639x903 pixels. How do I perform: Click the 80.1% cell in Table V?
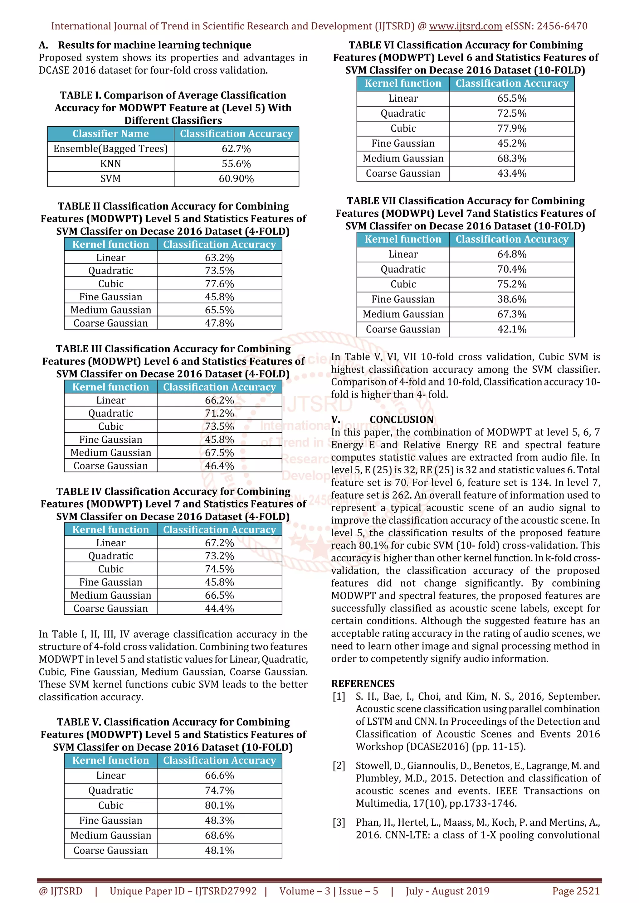point(219,805)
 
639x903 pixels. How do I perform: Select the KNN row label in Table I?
point(110,164)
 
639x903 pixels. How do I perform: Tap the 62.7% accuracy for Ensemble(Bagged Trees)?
point(236,149)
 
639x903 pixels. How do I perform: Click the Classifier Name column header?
point(110,134)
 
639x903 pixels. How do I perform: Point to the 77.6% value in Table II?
point(219,283)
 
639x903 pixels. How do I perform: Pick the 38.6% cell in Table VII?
point(511,299)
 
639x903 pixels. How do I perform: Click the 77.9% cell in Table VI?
point(511,128)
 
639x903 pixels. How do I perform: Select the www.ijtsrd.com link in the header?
point(466,26)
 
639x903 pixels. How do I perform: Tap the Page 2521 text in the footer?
point(576,891)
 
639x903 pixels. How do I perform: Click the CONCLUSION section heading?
point(401,419)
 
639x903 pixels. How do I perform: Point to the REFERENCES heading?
point(363,683)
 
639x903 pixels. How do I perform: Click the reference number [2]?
point(339,765)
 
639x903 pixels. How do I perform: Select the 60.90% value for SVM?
point(236,179)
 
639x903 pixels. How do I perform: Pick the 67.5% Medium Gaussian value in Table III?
point(219,452)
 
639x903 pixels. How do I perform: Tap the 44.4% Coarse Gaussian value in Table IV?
point(219,608)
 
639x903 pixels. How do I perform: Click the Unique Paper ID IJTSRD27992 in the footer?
point(183,891)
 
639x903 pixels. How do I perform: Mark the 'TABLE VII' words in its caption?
point(371,201)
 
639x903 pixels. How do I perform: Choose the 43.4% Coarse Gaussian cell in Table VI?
point(511,173)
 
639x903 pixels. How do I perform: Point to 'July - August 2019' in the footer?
point(447,891)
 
